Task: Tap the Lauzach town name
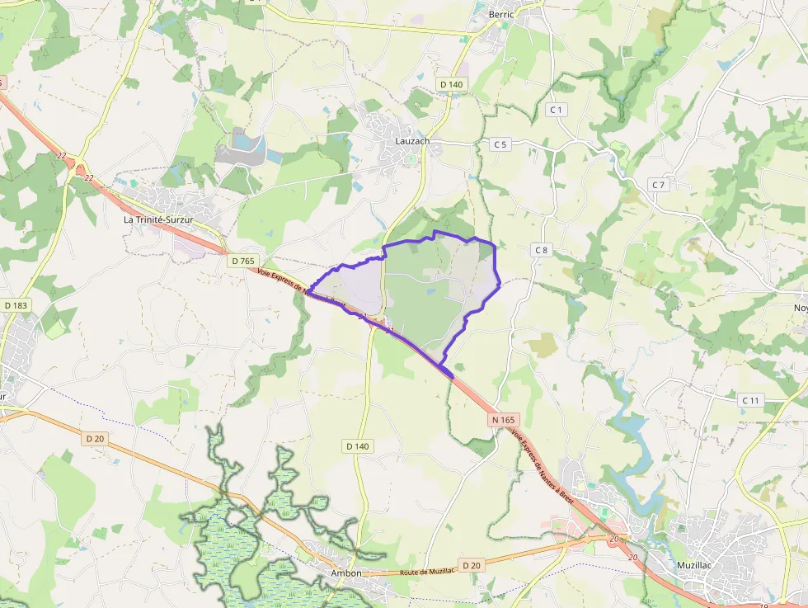412,142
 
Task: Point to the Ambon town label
346,573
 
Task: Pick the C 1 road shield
557,110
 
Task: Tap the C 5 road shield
500,144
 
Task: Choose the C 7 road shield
657,185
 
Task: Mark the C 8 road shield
541,250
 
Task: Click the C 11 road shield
749,400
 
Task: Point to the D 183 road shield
16,305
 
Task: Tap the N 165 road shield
503,420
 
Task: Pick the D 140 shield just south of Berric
452,84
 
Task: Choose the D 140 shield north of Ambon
357,445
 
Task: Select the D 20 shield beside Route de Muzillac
471,565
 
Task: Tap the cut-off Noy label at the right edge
800,308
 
